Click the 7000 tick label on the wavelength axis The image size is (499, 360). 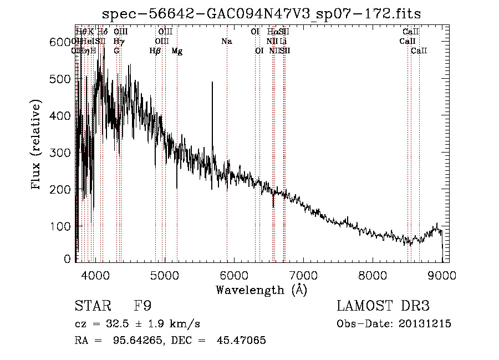(x=303, y=275)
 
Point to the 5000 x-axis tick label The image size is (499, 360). (x=164, y=275)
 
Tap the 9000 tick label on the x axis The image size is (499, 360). (x=442, y=275)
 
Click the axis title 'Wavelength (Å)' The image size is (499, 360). (x=261, y=290)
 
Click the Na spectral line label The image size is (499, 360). (x=226, y=42)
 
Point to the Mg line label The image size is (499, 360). (x=177, y=51)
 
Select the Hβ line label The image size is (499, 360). (x=155, y=51)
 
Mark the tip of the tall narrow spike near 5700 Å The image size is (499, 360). (x=212, y=83)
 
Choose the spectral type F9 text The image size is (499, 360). (x=142, y=306)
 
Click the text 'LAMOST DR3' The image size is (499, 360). (x=383, y=306)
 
